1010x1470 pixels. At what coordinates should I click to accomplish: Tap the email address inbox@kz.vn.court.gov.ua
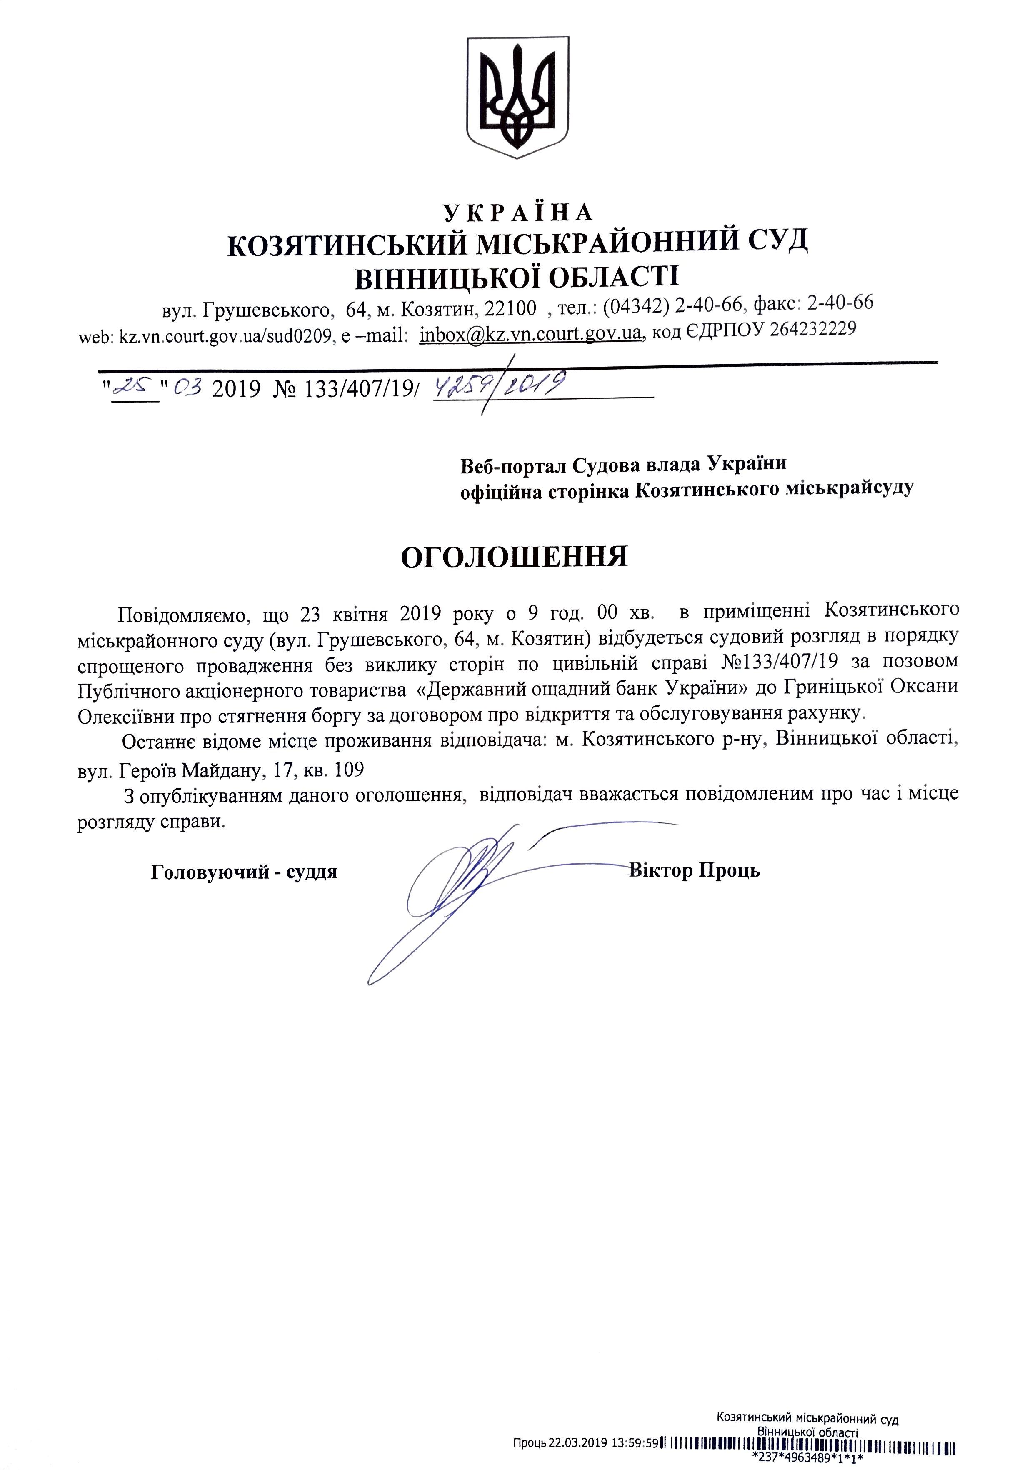[x=531, y=333]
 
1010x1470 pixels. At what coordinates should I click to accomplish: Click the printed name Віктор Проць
[x=694, y=871]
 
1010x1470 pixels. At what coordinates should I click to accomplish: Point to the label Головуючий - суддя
[x=244, y=872]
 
